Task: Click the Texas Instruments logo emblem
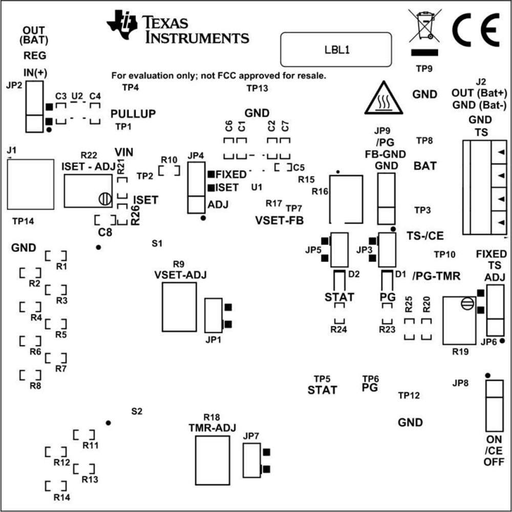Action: point(122,23)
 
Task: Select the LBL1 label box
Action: point(336,50)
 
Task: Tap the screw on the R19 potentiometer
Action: point(466,303)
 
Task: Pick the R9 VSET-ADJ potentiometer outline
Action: point(179,306)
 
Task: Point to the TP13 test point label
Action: point(257,88)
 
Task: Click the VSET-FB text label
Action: point(279,221)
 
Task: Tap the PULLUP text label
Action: point(133,113)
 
